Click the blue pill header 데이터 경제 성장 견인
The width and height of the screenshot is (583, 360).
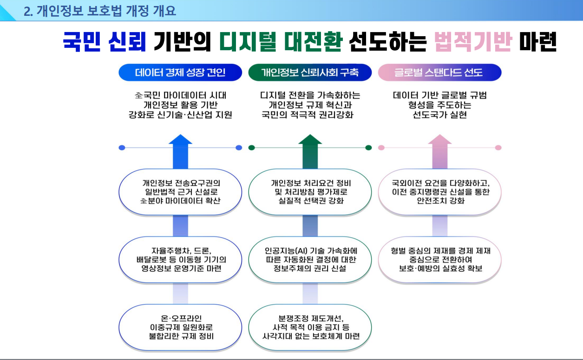(180, 72)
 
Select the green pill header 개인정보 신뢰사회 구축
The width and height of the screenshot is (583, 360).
(310, 72)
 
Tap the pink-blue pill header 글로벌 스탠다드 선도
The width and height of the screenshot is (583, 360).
(439, 72)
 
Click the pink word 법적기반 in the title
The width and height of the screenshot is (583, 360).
(473, 42)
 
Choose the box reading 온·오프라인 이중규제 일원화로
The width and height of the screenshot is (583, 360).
(180, 327)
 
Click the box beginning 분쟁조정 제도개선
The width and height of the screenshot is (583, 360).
(310, 327)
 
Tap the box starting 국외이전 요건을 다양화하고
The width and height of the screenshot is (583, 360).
(439, 192)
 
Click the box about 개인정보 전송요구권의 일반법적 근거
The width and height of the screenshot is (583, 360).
(180, 192)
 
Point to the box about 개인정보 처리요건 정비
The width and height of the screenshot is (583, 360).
(310, 192)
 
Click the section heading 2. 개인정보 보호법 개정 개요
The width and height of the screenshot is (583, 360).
(100, 11)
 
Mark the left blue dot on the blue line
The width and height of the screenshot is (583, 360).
(122, 148)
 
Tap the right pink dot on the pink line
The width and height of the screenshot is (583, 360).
(498, 148)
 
